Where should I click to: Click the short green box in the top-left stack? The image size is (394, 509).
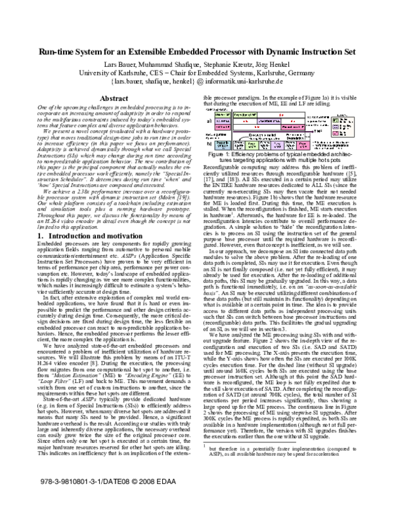(223, 115)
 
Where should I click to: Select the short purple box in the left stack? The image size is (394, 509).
(223, 121)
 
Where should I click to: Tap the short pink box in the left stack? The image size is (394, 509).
(223, 127)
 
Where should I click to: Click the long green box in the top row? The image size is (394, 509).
(245, 115)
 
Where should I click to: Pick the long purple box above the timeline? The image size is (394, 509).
(269, 121)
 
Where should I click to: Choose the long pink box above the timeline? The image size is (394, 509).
(293, 127)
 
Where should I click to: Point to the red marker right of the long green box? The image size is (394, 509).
(281, 115)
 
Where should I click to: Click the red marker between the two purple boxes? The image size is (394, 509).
(246, 121)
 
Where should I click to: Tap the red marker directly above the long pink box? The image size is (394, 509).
(293, 121)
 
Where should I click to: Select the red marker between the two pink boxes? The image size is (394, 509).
(257, 127)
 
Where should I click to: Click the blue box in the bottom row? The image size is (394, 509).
(223, 146)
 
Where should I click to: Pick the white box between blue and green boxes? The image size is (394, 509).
(239, 146)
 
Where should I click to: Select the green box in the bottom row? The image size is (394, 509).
(252, 146)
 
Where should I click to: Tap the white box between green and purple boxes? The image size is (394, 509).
(265, 146)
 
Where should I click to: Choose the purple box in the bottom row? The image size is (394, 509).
(277, 146)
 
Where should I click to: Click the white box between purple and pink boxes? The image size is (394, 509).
(290, 146)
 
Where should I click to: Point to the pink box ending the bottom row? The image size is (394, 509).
(303, 146)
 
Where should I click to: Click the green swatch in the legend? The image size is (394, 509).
(336, 121)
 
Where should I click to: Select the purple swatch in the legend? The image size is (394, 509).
(336, 127)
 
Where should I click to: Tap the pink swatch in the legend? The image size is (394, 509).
(336, 133)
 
